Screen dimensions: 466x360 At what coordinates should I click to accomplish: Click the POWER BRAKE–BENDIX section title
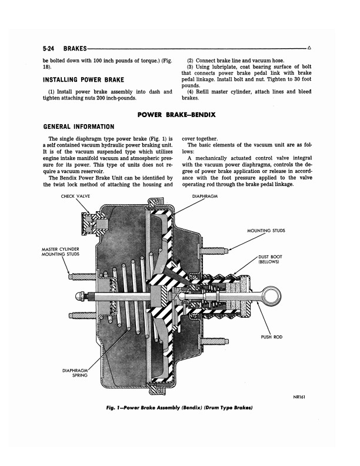180,115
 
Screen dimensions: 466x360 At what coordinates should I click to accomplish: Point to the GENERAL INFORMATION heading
79,127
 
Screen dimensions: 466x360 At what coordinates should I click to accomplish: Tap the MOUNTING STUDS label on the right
266,231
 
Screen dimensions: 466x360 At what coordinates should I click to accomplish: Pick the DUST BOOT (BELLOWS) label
270,259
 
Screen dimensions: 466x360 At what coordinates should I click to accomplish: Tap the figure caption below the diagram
179,408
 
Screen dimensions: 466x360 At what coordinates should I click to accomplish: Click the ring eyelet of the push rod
268,293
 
